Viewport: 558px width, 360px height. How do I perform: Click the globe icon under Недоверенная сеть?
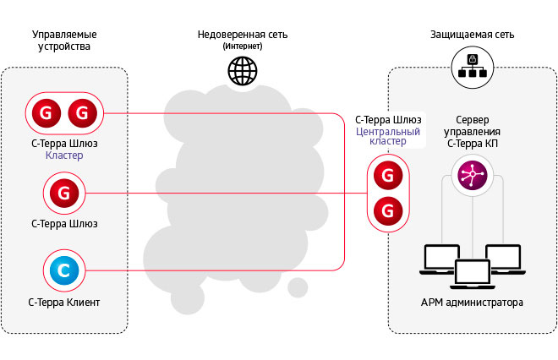click(x=242, y=71)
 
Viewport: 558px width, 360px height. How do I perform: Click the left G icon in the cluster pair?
click(x=46, y=112)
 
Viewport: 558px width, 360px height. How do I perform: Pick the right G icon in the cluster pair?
click(x=83, y=112)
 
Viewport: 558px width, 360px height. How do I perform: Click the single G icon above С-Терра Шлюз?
click(x=64, y=194)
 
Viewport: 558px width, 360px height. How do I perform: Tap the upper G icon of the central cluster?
click(x=387, y=176)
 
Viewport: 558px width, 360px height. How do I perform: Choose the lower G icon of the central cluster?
click(x=387, y=208)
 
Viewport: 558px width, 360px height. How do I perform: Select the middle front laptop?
click(x=473, y=273)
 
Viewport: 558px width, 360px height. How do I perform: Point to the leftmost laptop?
click(x=440, y=258)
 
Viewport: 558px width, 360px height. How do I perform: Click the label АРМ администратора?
click(x=471, y=303)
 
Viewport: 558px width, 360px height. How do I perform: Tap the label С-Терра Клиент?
click(x=64, y=302)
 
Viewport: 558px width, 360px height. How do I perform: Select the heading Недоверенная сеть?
click(x=243, y=35)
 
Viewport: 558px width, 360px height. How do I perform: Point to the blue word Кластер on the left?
click(x=64, y=155)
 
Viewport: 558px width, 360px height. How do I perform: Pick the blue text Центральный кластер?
click(x=387, y=136)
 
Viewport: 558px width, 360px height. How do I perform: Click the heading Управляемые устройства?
click(x=64, y=41)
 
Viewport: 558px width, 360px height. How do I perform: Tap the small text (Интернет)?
click(x=243, y=47)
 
